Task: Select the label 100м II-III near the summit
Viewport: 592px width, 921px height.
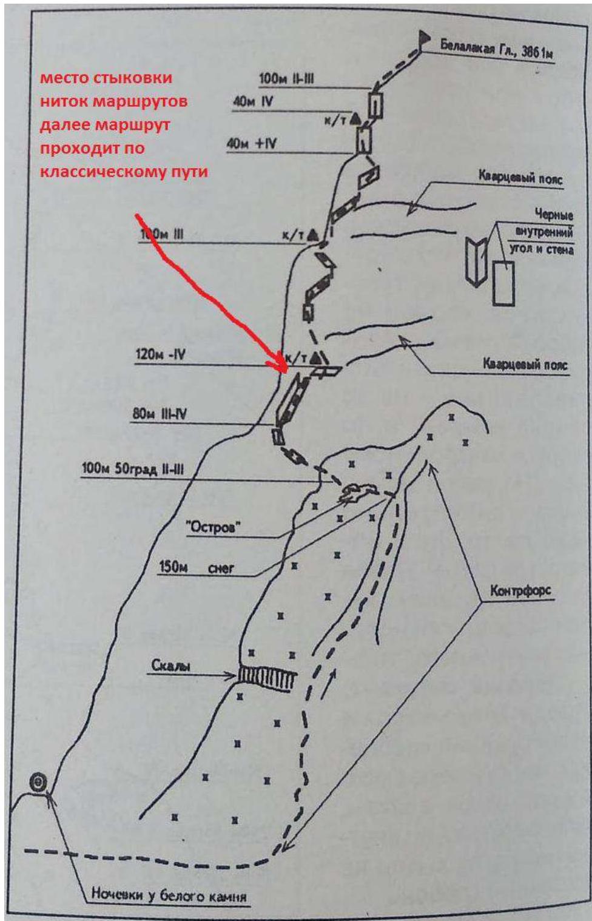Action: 286,78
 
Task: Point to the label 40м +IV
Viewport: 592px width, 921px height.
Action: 252,144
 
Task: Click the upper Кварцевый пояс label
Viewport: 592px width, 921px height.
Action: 520,179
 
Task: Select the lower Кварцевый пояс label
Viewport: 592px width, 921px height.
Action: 525,365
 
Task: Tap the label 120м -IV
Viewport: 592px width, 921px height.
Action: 160,354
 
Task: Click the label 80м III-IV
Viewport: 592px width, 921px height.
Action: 159,414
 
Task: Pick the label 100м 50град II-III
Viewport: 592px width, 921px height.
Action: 132,468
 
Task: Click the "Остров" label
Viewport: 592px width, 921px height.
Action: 212,527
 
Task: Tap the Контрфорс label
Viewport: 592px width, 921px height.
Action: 520,591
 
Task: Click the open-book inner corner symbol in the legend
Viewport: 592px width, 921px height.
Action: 476,261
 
